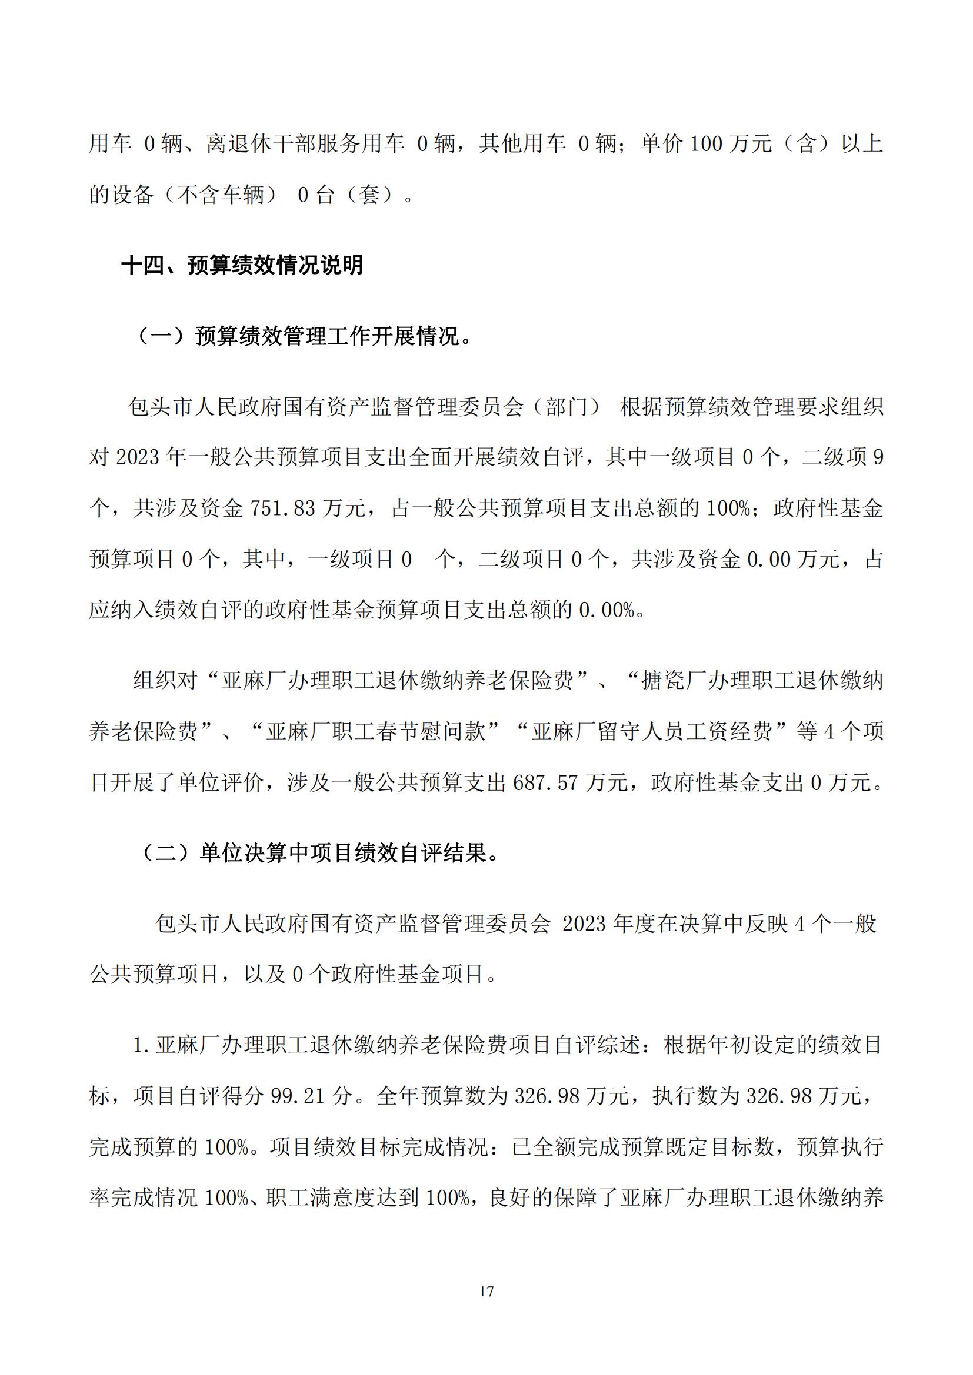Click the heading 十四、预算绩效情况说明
click(x=242, y=265)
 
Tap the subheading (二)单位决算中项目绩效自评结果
click(x=318, y=854)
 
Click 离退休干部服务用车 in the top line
click(x=305, y=143)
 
